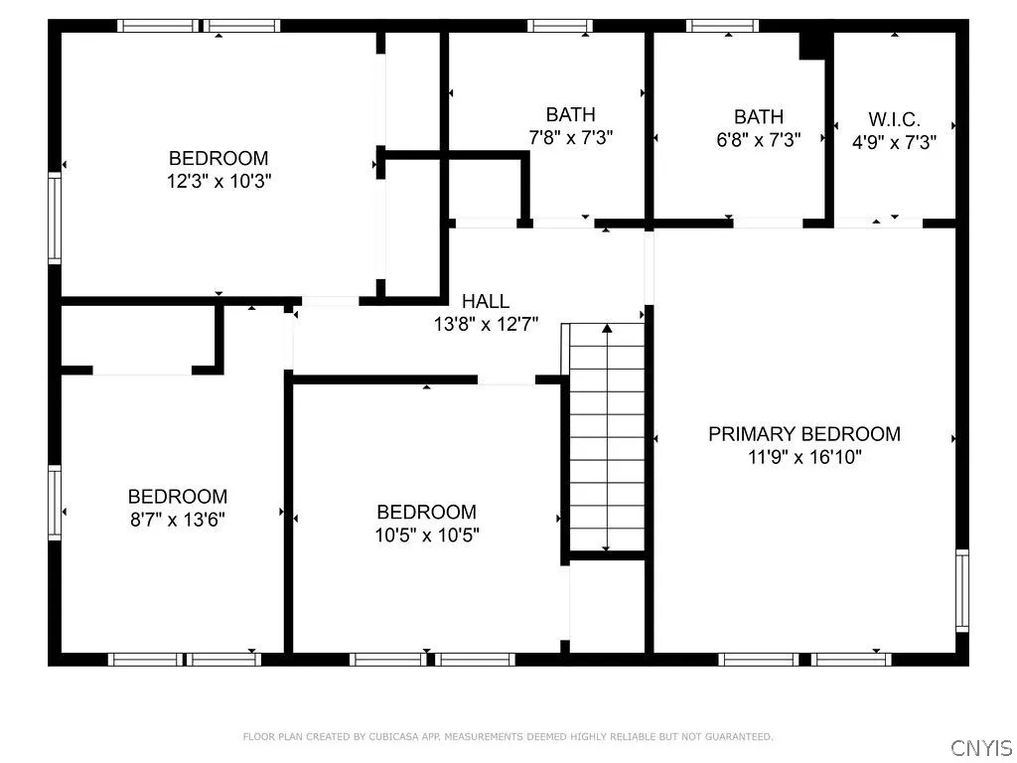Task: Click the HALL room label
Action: pyautogui.click(x=486, y=301)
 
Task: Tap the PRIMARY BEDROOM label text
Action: pyautogui.click(x=803, y=434)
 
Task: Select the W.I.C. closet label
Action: pyautogui.click(x=894, y=118)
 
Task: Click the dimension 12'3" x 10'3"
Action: pyautogui.click(x=218, y=181)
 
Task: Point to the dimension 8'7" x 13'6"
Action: pyautogui.click(x=177, y=519)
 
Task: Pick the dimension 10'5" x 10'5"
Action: pyautogui.click(x=426, y=534)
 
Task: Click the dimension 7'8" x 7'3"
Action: pyautogui.click(x=570, y=138)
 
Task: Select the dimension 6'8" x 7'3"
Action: pyautogui.click(x=758, y=140)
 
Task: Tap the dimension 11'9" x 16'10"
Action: pyautogui.click(x=804, y=457)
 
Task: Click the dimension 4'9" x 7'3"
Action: pyautogui.click(x=894, y=141)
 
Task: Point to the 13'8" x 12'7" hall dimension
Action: pyautogui.click(x=486, y=324)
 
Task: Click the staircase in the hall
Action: pyautogui.click(x=606, y=437)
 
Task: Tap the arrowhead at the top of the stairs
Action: pyautogui.click(x=607, y=327)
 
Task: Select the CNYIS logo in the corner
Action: pyautogui.click(x=980, y=747)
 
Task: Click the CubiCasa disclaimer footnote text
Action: pyautogui.click(x=508, y=736)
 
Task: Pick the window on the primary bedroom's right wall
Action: pyautogui.click(x=961, y=590)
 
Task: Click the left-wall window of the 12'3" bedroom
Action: pyautogui.click(x=55, y=205)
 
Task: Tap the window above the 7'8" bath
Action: pyautogui.click(x=559, y=26)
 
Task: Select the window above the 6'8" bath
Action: pyautogui.click(x=723, y=26)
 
